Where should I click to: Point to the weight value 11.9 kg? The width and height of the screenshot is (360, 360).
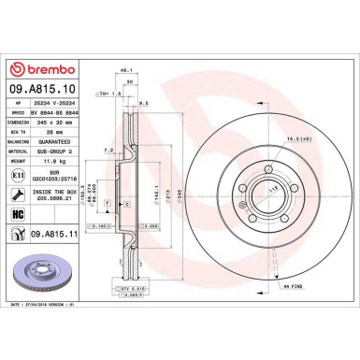click(x=57, y=163)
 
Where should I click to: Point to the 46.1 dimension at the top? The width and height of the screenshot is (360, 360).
click(x=123, y=85)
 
